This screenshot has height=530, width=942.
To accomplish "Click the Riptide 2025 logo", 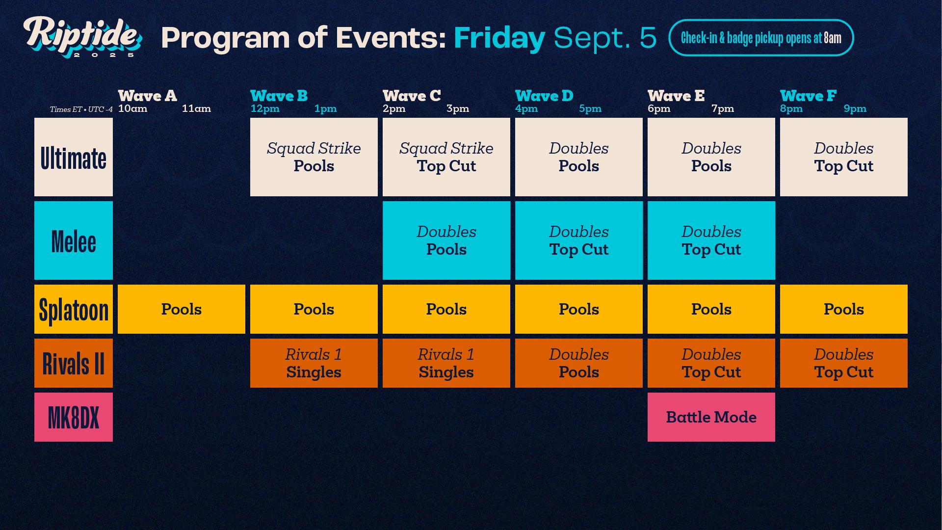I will [82, 37].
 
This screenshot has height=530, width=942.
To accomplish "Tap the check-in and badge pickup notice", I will [760, 38].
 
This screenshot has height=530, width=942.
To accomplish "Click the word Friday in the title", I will [499, 38].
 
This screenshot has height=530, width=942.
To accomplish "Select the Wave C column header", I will [411, 96].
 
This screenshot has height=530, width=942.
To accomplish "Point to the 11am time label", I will [196, 108].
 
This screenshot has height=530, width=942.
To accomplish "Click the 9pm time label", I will [855, 108].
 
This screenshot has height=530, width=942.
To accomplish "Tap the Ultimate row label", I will [74, 157].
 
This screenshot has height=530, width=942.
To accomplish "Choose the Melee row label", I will [74, 240].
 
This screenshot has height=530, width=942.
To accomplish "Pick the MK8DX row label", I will [74, 417].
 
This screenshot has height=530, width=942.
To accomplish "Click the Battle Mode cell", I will [711, 417].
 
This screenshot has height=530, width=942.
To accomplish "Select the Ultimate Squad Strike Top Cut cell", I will [446, 157].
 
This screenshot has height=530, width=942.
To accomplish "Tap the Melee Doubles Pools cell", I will [446, 240].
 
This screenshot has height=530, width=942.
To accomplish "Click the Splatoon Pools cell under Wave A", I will [181, 309].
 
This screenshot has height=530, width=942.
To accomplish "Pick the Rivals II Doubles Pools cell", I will [578, 363].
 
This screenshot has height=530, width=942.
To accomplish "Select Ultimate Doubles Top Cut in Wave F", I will [843, 157].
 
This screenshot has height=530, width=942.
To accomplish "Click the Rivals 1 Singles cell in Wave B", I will [314, 363].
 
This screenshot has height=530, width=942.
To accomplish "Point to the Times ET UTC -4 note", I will [81, 109].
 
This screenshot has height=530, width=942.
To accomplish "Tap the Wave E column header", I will [676, 96].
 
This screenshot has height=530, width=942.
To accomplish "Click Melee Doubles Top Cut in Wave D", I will [578, 240].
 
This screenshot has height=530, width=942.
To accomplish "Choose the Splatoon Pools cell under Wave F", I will [843, 309].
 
